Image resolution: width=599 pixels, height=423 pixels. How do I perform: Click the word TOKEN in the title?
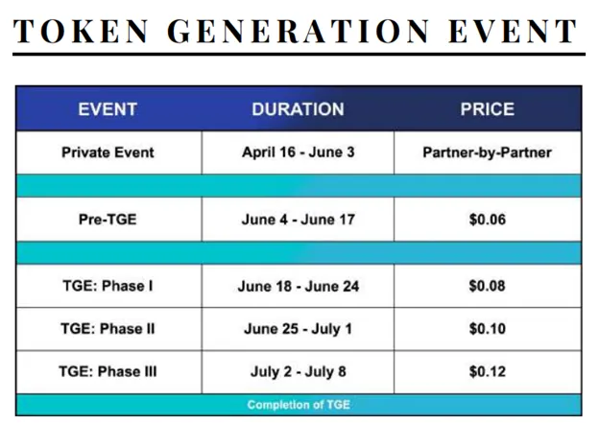(x=81, y=31)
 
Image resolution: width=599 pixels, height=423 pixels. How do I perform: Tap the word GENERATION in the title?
(x=299, y=31)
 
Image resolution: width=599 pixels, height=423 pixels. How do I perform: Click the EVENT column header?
(x=108, y=109)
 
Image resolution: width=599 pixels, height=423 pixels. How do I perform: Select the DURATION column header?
(x=298, y=109)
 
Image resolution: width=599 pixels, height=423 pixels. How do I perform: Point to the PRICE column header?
(x=488, y=109)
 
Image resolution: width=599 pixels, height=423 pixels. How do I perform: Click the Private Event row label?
(x=108, y=153)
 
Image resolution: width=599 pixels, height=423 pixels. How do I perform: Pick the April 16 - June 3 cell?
(x=299, y=153)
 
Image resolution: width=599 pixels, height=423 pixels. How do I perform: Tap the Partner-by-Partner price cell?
(x=488, y=153)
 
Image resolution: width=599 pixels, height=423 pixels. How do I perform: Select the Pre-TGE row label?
(x=108, y=220)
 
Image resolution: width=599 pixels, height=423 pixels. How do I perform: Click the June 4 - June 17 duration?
(x=299, y=220)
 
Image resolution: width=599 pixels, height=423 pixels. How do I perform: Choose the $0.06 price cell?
(x=488, y=220)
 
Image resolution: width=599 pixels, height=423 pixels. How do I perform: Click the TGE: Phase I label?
(x=108, y=286)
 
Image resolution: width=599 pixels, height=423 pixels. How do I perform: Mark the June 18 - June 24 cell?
(x=299, y=287)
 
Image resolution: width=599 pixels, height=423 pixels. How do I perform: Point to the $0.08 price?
(x=488, y=286)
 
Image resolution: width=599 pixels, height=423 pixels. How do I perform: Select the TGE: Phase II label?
(x=108, y=329)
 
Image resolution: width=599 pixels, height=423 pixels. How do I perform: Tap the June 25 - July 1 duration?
(x=298, y=329)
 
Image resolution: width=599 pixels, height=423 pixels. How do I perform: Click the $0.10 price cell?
(x=488, y=329)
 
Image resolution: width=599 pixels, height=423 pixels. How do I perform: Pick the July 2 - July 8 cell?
(x=299, y=372)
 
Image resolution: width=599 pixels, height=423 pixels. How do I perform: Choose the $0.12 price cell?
(x=488, y=372)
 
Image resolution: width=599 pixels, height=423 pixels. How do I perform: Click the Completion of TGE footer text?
(x=299, y=405)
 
